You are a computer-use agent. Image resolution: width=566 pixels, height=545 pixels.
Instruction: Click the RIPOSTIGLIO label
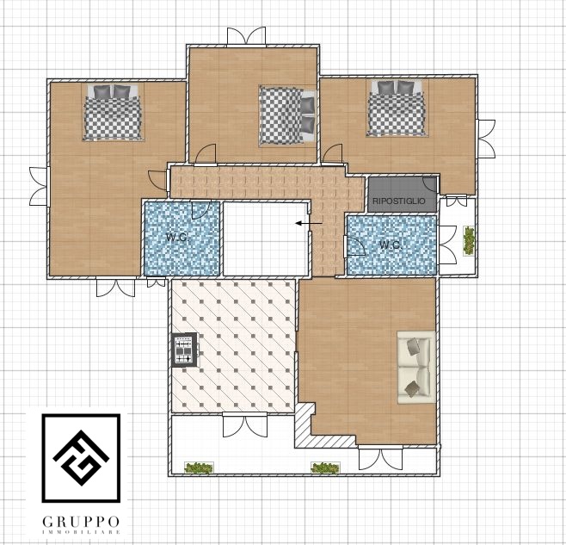[x=399, y=201]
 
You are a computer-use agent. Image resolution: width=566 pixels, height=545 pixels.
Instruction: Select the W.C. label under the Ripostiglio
[x=391, y=245]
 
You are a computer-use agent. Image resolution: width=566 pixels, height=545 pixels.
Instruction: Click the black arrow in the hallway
[x=309, y=223]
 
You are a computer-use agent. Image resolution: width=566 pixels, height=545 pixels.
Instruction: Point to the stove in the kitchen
[x=184, y=350]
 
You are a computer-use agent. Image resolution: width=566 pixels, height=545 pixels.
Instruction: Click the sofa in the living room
[x=415, y=367]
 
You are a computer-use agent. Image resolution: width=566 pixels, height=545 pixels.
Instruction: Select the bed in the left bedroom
[x=113, y=112]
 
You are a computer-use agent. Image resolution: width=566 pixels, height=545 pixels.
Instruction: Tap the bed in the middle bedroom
[x=287, y=115]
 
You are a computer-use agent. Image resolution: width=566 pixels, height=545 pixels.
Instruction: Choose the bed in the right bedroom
[x=397, y=108]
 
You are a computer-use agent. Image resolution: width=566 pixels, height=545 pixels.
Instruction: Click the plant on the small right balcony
[x=469, y=240]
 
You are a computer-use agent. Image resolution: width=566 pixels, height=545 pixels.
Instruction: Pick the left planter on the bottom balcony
[x=199, y=468]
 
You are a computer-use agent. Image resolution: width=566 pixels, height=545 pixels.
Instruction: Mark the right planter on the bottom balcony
[x=325, y=468]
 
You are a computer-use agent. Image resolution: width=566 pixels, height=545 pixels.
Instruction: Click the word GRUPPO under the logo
[x=81, y=522]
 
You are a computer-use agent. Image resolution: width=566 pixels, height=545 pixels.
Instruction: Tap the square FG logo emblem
[x=81, y=458]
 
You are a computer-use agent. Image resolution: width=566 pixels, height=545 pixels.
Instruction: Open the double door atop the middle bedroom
[x=247, y=36]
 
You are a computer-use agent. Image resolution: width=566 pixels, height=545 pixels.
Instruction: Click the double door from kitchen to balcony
[x=245, y=425]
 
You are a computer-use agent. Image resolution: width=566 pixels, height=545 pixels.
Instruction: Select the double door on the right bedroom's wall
[x=486, y=139]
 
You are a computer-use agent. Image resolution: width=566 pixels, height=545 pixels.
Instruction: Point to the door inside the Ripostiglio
[x=429, y=184]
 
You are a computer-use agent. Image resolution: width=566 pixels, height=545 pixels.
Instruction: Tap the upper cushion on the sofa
[x=413, y=347]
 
